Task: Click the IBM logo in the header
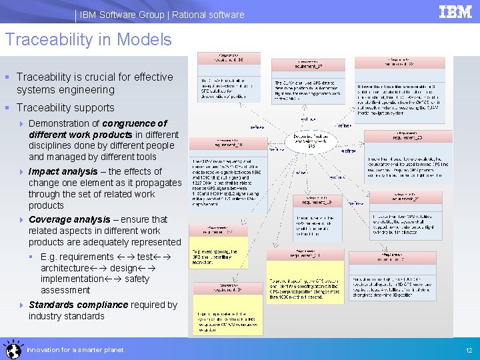455,13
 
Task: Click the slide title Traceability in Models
88,40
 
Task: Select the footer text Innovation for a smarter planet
75,350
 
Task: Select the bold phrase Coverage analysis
69,219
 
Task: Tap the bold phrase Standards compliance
78,305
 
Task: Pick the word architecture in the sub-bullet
65,268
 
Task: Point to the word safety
137,279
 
